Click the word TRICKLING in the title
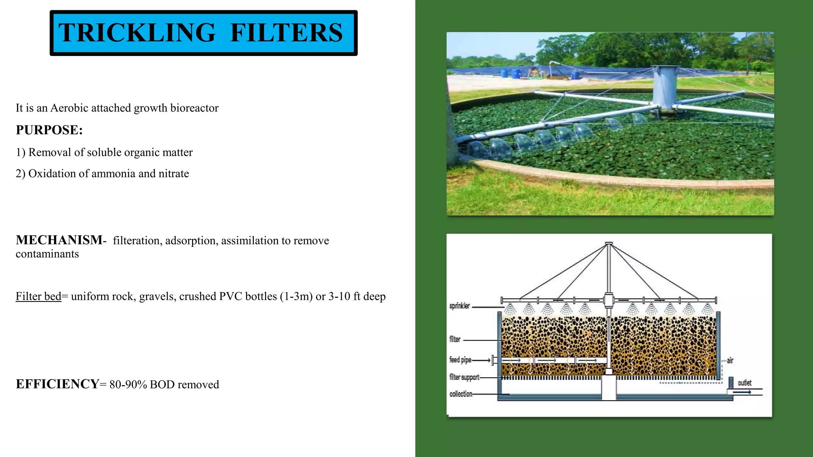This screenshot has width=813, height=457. pyautogui.click(x=137, y=33)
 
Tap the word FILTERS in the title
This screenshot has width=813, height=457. pyautogui.click(x=286, y=33)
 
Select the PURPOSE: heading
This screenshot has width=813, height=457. pyautogui.click(x=49, y=130)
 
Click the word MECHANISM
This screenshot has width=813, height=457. pyautogui.click(x=59, y=240)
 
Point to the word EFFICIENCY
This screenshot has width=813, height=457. pyautogui.click(x=58, y=384)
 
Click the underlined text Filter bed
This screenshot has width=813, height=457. pyautogui.click(x=39, y=296)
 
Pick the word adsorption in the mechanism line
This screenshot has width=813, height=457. pyautogui.click(x=191, y=240)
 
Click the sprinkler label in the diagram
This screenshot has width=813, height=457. pyautogui.click(x=460, y=306)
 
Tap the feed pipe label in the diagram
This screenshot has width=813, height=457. pyautogui.click(x=460, y=360)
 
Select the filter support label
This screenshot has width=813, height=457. pyautogui.click(x=464, y=377)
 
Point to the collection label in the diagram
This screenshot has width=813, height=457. pyautogui.click(x=461, y=394)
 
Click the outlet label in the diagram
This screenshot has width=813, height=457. pyautogui.click(x=744, y=383)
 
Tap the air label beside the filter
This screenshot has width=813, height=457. pyautogui.click(x=730, y=361)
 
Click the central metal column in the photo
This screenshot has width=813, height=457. pyautogui.click(x=665, y=85)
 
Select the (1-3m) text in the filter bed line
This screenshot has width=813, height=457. pyautogui.click(x=296, y=296)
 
